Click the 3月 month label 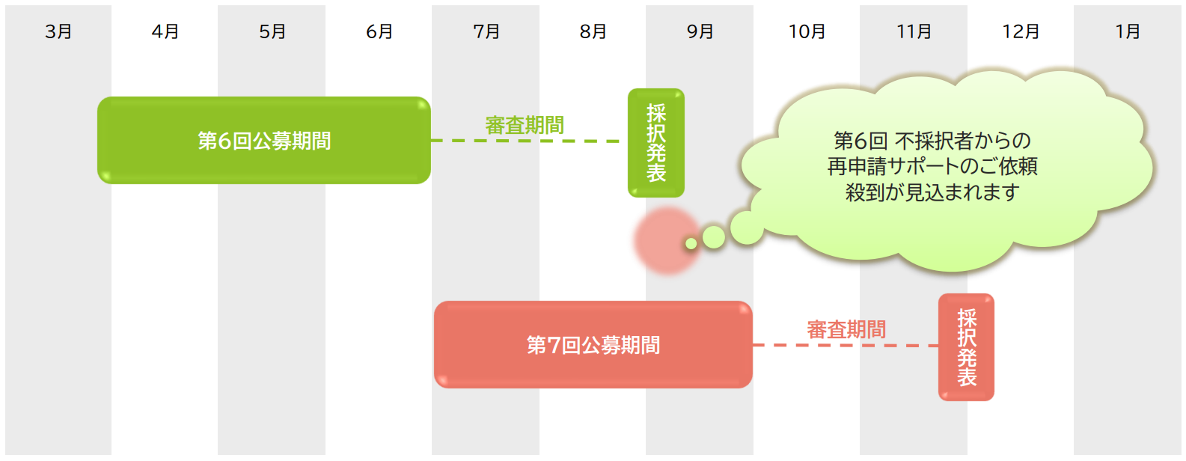tap(58, 31)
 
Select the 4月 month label tap(165, 31)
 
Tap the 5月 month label tap(272, 31)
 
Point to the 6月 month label tap(379, 31)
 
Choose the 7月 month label tap(486, 31)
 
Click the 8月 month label tap(593, 31)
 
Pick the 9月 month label tap(700, 31)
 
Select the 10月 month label tap(807, 31)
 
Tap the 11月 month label tap(914, 31)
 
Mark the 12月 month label tap(1021, 31)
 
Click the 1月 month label tap(1128, 31)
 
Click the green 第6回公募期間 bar tap(263, 141)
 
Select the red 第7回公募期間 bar tap(593, 345)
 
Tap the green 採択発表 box tap(656, 143)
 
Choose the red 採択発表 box tap(966, 347)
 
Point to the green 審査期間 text tap(525, 125)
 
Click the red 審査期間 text tap(846, 329)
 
